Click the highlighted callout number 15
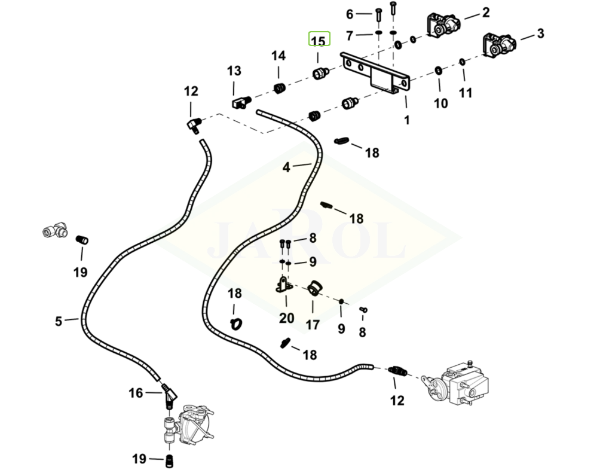(319, 41)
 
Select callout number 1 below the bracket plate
(406, 120)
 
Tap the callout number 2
(485, 12)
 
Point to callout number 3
(540, 33)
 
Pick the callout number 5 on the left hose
(58, 321)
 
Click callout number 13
(234, 71)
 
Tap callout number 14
(279, 56)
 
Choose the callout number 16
(136, 393)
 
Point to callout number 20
(287, 318)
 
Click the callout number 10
(440, 103)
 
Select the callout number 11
(466, 92)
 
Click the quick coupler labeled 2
(442, 26)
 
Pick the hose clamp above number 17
(312, 288)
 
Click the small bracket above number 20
(283, 285)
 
